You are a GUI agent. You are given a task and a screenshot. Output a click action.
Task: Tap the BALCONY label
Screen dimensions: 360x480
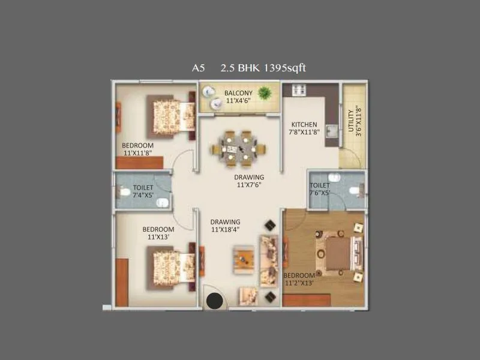point(238,93)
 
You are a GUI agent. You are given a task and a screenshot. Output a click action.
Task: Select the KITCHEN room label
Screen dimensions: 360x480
point(304,125)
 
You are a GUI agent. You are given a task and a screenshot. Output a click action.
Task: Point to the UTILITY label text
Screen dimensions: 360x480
point(351,121)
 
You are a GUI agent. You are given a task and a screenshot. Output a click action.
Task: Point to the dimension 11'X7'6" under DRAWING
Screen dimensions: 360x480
point(250,185)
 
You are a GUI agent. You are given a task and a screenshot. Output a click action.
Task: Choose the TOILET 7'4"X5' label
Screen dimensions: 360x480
point(143,191)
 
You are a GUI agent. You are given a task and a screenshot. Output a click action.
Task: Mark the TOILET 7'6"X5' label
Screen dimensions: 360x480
point(320,190)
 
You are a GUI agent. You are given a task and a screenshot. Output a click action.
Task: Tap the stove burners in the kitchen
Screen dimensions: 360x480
point(298,90)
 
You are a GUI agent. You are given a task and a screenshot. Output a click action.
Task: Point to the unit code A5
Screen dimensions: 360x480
point(199,68)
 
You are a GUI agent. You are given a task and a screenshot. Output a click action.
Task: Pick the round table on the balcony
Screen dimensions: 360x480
point(209,92)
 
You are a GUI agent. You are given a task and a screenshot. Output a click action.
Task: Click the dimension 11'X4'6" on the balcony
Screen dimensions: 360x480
point(238,101)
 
